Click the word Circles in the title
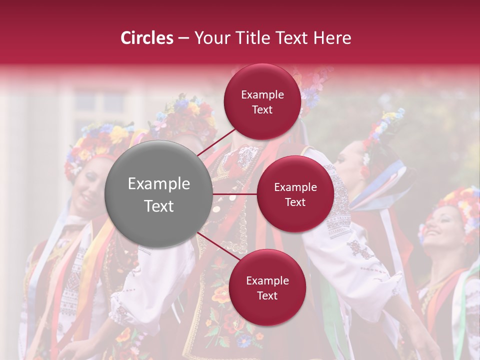pyautogui.click(x=146, y=38)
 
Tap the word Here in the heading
pyautogui.click(x=332, y=38)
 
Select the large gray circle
pyautogui.click(x=158, y=194)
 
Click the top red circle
pyautogui.click(x=262, y=101)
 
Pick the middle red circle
pyautogui.click(x=295, y=194)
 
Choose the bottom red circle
pyautogui.click(x=267, y=287)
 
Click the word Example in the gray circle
pyautogui.click(x=158, y=184)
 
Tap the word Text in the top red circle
pyautogui.click(x=262, y=110)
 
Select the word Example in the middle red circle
pyautogui.click(x=295, y=187)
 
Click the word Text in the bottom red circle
pyautogui.click(x=267, y=295)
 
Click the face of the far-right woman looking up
pyautogui.click(x=439, y=225)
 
